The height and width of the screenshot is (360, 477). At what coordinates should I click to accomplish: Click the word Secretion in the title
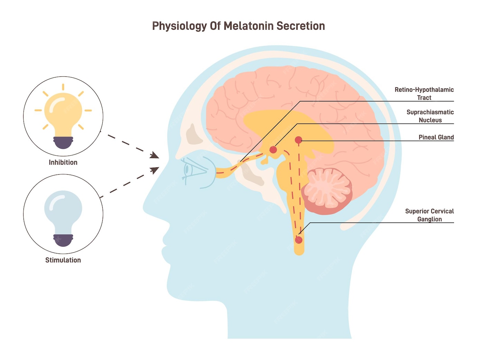pos(300,26)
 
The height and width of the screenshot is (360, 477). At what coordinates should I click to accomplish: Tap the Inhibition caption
pos(63,162)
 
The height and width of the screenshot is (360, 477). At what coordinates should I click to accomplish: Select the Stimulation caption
pos(63,260)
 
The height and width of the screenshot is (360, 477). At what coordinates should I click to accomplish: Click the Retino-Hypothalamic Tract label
pos(424,93)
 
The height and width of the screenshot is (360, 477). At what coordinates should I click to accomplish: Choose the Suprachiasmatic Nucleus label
pos(430,116)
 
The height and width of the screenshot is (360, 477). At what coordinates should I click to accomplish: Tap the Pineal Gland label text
pos(436,137)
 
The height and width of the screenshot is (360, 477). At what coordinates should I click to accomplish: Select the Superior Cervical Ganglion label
pos(429,215)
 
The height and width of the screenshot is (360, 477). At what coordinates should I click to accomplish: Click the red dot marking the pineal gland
pos(298,140)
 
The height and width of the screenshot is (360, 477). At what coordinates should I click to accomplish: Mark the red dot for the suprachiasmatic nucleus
pos(273,149)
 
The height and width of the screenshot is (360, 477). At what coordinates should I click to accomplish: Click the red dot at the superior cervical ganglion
pos(299,240)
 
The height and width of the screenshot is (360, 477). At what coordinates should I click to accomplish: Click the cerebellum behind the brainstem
pos(327,191)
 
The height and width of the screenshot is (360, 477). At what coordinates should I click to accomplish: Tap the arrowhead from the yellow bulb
pos(155,155)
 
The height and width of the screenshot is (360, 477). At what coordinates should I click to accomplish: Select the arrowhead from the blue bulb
pos(155,170)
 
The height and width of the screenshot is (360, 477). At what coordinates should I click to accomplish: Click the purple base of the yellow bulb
pos(63,143)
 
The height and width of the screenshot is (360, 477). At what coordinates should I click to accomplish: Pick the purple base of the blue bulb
pos(63,240)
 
